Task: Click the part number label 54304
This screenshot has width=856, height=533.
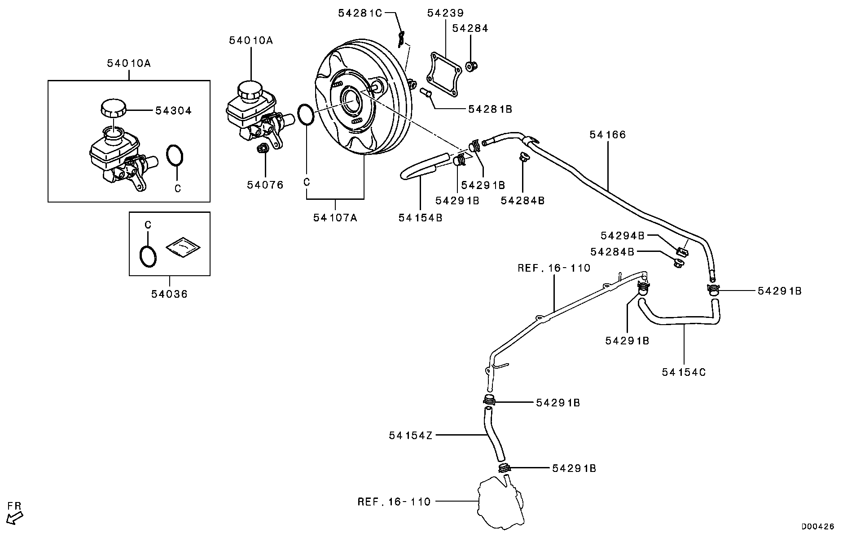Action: (x=173, y=110)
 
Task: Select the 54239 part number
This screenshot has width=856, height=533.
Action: (x=445, y=13)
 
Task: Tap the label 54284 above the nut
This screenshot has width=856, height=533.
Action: (x=470, y=28)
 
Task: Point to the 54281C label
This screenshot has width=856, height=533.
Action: (x=360, y=13)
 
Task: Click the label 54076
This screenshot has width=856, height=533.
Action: (x=265, y=185)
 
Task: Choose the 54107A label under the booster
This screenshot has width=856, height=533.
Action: (x=335, y=218)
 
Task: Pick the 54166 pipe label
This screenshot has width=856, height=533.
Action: (x=607, y=135)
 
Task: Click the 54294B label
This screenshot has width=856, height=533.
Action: (x=623, y=236)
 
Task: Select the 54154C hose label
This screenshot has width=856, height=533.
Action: (x=684, y=372)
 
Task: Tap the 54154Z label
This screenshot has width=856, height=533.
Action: (x=411, y=436)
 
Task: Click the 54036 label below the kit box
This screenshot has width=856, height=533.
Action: (x=169, y=294)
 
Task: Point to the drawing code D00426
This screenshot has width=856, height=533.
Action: (x=818, y=526)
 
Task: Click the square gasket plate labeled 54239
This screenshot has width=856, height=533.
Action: (x=443, y=75)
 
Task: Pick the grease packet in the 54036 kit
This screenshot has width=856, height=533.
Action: (x=183, y=247)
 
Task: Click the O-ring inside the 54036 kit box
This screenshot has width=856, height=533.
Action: (x=148, y=256)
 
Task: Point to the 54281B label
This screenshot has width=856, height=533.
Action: (x=490, y=109)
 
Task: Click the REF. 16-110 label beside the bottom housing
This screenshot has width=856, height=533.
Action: (x=394, y=502)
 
